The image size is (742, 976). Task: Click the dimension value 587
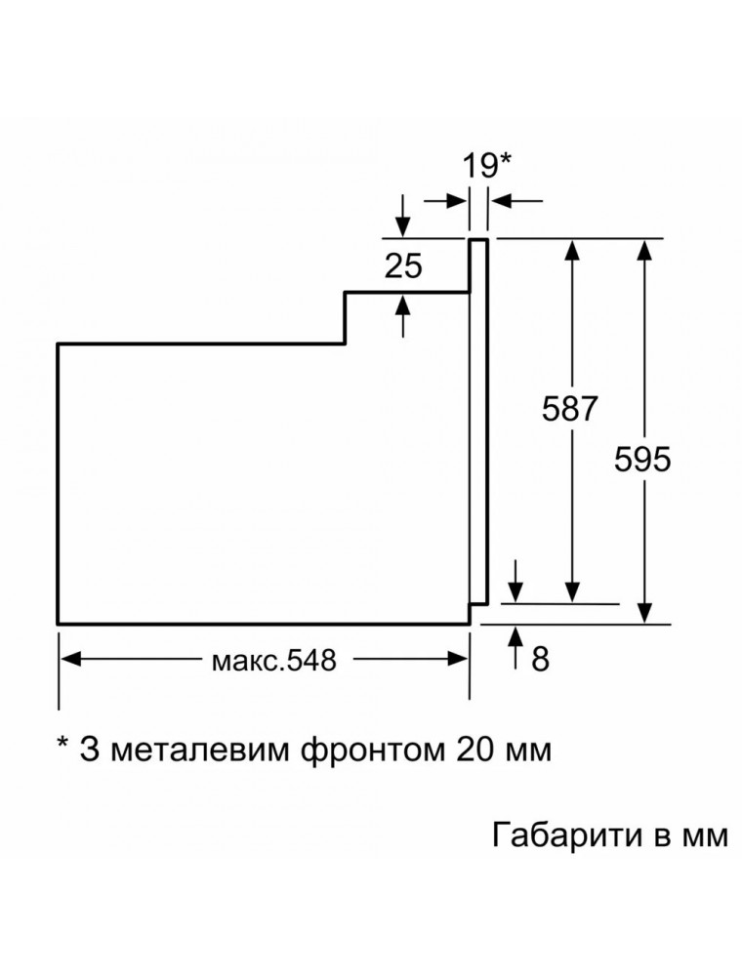click(569, 409)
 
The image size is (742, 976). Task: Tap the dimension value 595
click(642, 460)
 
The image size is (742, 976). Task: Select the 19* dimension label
click(486, 167)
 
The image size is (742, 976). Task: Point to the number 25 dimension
click(403, 265)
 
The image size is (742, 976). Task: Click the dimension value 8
click(540, 659)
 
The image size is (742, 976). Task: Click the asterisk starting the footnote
click(62, 744)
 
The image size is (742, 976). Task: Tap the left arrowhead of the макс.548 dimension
click(69, 659)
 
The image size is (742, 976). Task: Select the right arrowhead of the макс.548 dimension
click(458, 659)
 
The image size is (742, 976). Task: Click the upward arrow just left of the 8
click(516, 647)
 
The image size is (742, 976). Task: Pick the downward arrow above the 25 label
click(403, 216)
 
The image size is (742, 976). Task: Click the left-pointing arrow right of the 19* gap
click(515, 200)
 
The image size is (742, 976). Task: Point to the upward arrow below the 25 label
click(403, 315)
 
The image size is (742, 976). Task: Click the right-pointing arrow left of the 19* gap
click(445, 200)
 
